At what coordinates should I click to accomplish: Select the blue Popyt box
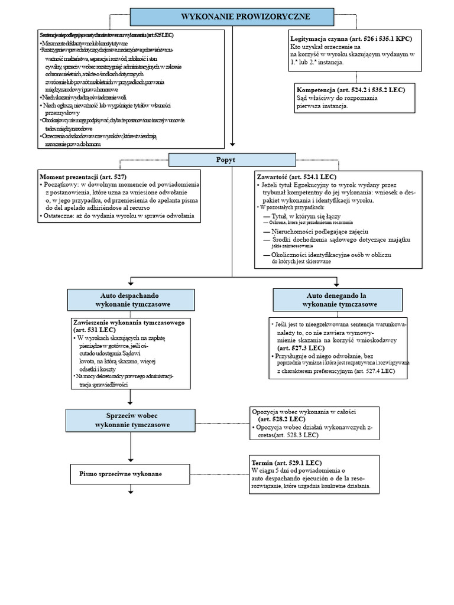(232, 160)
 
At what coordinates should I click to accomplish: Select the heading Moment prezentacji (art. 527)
(83, 177)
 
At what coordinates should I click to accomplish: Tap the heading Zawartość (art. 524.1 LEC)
(297, 177)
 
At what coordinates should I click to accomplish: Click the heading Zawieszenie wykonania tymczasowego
(129, 323)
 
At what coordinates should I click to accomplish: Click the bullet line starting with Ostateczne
(118, 216)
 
